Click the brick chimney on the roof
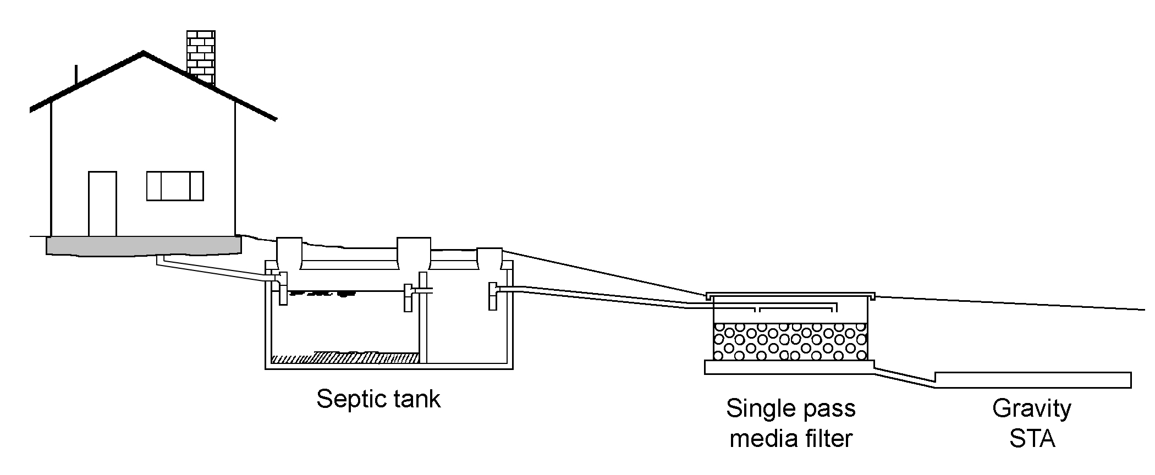click(x=201, y=55)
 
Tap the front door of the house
click(x=102, y=203)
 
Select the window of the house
click(x=175, y=186)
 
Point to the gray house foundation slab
click(x=144, y=245)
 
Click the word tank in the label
click(x=416, y=399)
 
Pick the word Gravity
click(x=1032, y=408)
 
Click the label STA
click(x=1032, y=439)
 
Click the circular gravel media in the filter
click(x=790, y=341)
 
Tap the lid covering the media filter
click(x=790, y=295)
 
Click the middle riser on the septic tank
click(x=413, y=254)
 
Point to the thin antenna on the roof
click(x=76, y=75)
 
